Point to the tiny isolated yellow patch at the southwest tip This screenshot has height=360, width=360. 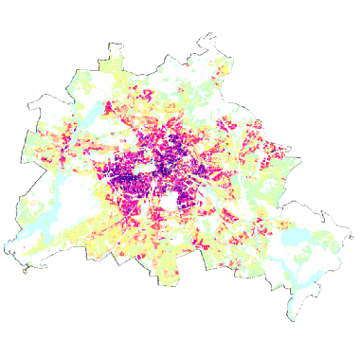pyautogui.click(x=25, y=271)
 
